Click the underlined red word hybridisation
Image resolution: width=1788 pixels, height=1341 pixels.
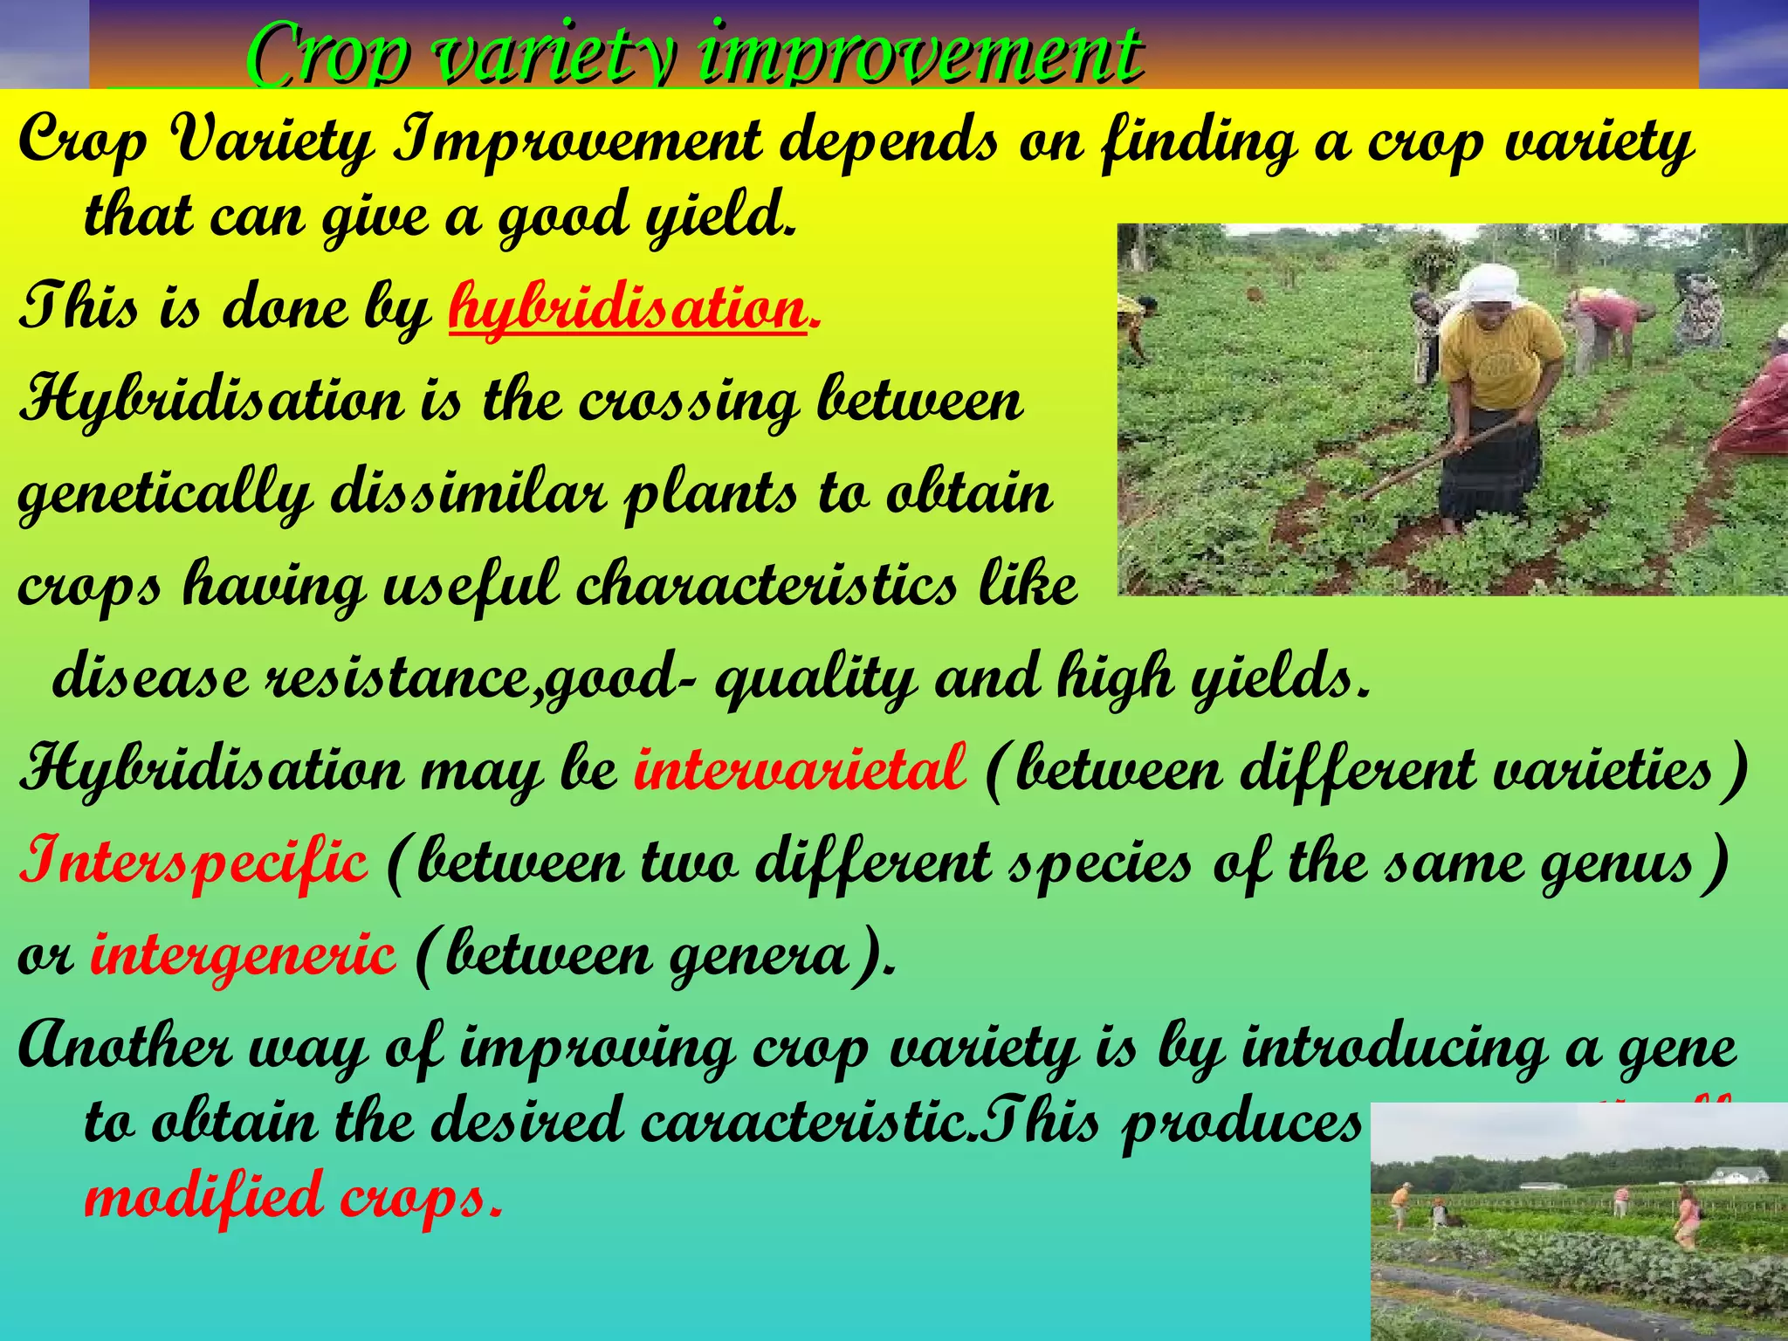[x=627, y=308]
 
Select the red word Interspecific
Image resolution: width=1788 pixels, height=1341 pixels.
[x=193, y=861]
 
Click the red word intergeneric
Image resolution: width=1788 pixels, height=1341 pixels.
[x=243, y=954]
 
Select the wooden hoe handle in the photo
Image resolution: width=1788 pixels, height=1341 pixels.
[x=1441, y=454]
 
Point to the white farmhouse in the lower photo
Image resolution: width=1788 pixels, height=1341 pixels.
[x=1739, y=1174]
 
